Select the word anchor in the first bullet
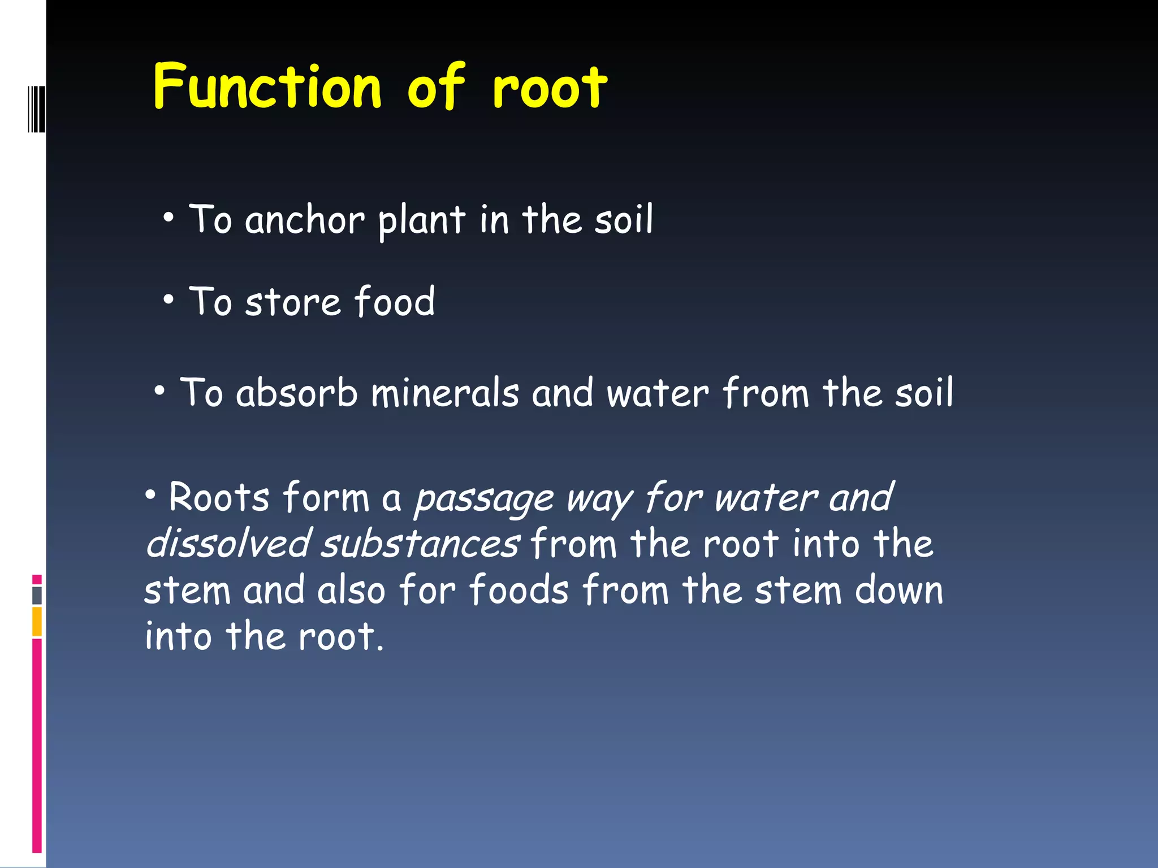pos(305,220)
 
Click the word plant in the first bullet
pos(422,220)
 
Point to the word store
pos(293,302)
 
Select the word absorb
pos(297,393)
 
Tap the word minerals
pos(445,393)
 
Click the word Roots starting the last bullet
pos(219,498)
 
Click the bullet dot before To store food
pos(168,300)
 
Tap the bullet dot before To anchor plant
pos(168,218)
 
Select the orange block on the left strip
pos(37,622)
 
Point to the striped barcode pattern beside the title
pos(36,108)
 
